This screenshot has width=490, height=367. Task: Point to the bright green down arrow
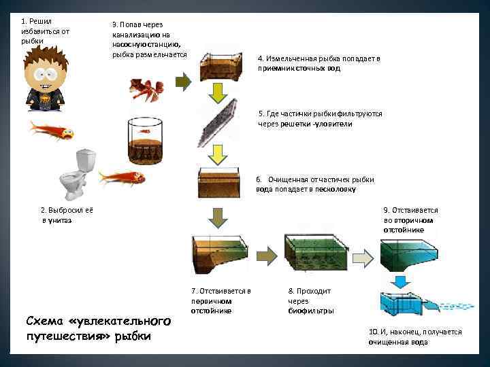pyautogui.click(x=217, y=92)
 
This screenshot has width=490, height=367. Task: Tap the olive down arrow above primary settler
pyautogui.click(x=217, y=217)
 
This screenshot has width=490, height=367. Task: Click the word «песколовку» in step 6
pyautogui.click(x=333, y=190)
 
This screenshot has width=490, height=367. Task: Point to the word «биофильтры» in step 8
pyautogui.click(x=310, y=311)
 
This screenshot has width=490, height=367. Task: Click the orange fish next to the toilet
pyautogui.click(x=122, y=178)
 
